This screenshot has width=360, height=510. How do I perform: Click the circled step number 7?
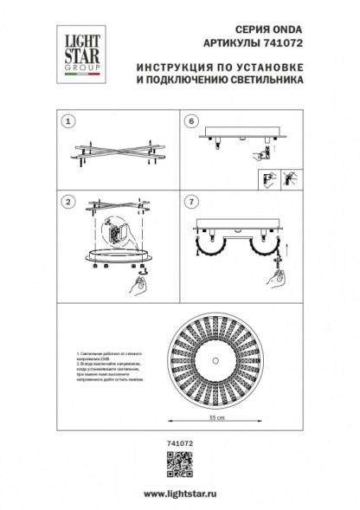(190, 202)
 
